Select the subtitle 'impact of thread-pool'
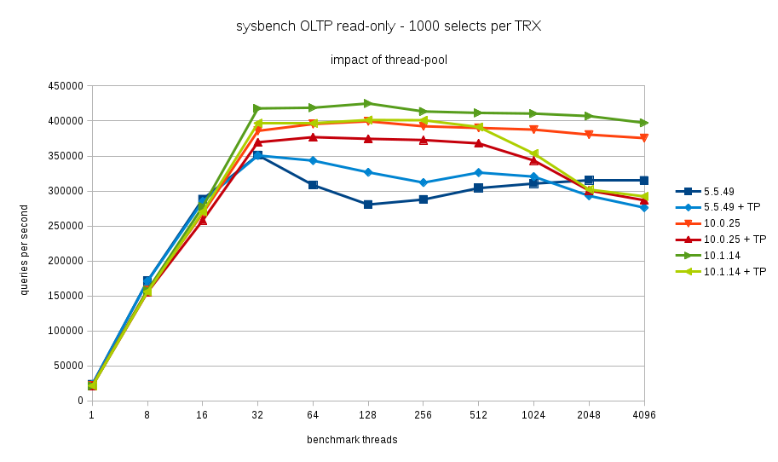tap(389, 60)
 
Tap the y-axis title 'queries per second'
tap(24, 250)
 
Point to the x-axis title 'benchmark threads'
tap(352, 440)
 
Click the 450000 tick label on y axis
tap(65, 86)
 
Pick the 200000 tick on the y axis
tap(65, 261)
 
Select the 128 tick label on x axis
tap(368, 415)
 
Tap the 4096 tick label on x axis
tap(644, 415)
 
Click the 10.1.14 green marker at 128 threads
tap(368, 103)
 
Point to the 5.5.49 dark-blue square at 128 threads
tap(368, 205)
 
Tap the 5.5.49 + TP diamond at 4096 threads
tap(644, 208)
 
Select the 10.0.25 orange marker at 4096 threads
tap(644, 138)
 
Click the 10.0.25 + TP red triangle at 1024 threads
tap(533, 159)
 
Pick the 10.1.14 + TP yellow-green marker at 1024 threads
tap(533, 154)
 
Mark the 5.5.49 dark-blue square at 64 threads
tap(313, 185)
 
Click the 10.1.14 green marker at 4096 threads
tap(644, 123)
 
